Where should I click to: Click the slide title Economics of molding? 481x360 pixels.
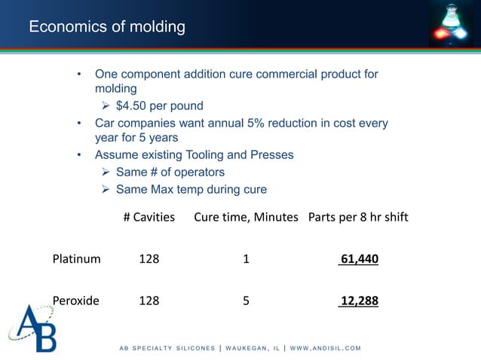coord(106,28)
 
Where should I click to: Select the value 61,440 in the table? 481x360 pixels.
coord(359,260)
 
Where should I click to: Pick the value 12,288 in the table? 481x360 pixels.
coord(359,301)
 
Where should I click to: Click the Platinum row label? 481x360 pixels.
coord(76,260)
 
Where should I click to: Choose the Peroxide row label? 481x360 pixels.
coord(75,301)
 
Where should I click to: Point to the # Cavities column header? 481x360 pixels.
coord(149,218)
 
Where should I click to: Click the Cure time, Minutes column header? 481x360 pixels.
coord(247,218)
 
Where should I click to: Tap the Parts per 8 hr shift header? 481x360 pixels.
coord(358,218)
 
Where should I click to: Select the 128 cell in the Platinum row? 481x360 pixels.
coord(149,260)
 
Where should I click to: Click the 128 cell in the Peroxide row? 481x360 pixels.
coord(149,301)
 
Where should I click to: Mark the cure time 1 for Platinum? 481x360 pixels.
coord(246,260)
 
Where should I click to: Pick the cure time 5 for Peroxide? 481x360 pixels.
coord(246,301)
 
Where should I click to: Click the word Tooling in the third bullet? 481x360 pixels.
coord(200,155)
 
